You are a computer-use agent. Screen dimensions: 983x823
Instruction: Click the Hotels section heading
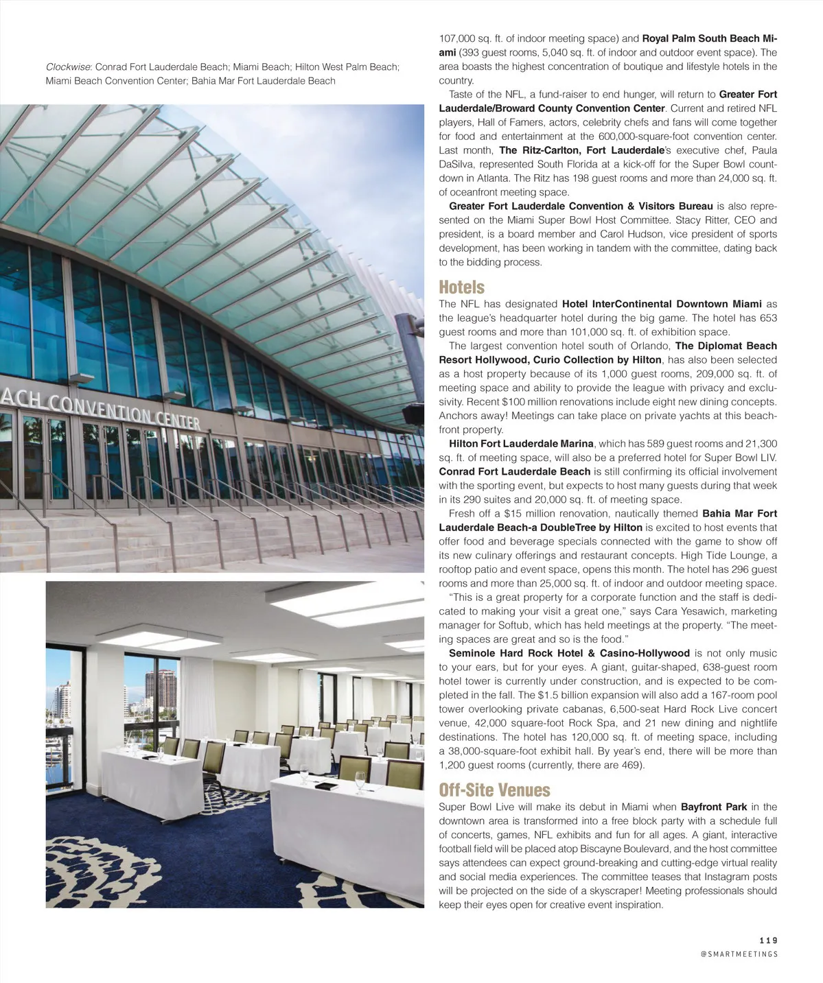(x=461, y=287)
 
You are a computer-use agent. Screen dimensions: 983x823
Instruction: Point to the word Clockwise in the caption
(x=68, y=67)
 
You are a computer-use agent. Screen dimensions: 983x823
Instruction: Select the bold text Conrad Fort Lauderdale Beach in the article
(x=514, y=472)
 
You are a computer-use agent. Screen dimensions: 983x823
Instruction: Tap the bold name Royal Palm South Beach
(x=699, y=38)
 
